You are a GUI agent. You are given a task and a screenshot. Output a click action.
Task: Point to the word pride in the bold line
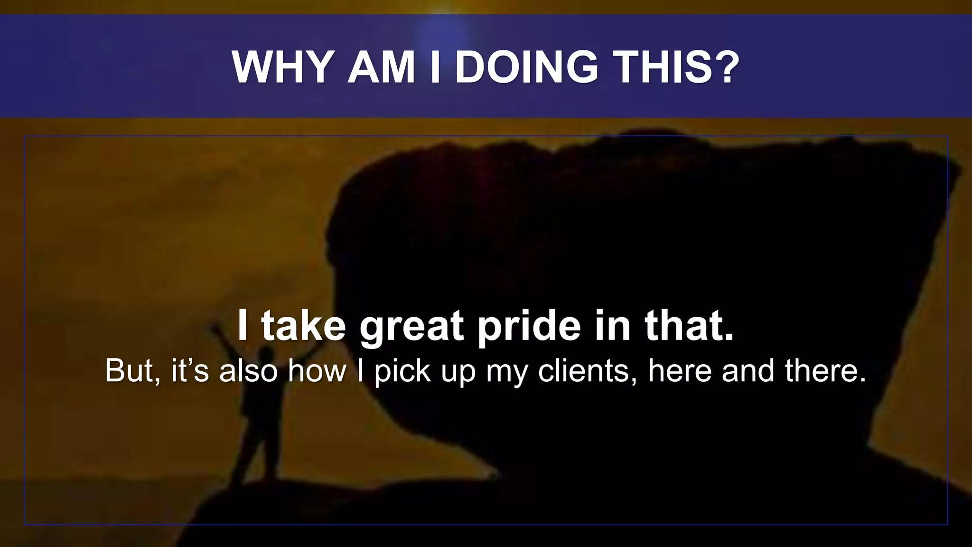click(529, 327)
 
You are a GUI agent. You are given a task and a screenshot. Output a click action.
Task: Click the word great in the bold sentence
click(411, 327)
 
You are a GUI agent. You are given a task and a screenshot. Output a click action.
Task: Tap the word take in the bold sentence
click(304, 326)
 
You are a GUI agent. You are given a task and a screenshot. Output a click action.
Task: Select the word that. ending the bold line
click(689, 326)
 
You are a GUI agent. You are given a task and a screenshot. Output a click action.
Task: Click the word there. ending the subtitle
click(825, 371)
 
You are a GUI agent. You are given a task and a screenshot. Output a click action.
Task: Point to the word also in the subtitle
click(248, 371)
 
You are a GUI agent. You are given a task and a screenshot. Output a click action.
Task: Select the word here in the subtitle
click(680, 371)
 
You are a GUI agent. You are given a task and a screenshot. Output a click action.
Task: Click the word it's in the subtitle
click(190, 371)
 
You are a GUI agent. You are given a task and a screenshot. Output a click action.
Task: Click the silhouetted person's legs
click(256, 451)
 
